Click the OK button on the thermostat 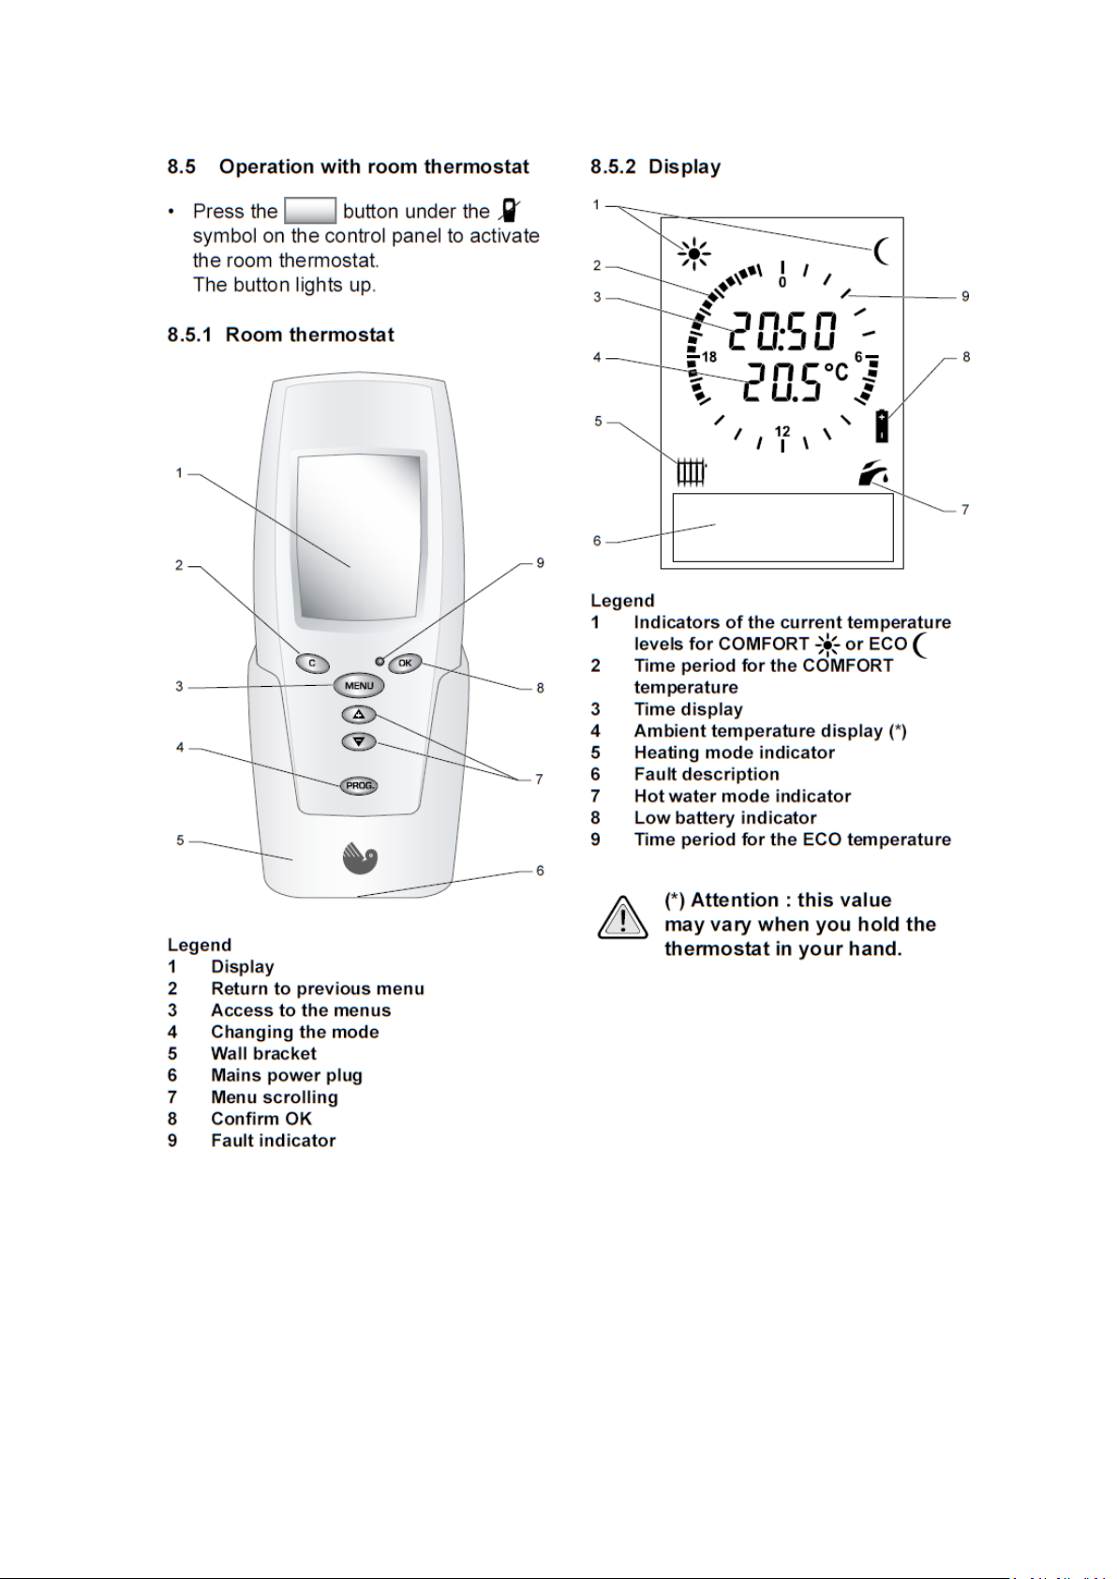point(405,663)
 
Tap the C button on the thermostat point(312,663)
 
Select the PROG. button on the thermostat point(359,785)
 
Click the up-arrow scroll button point(358,715)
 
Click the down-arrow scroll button point(358,741)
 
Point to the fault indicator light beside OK point(380,662)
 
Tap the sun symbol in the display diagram point(694,253)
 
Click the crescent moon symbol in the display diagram point(880,251)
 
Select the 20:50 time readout point(782,333)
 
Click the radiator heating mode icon point(691,471)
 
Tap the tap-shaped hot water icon point(873,474)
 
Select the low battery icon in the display point(882,425)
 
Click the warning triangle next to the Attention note point(622,919)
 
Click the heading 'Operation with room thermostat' point(374,167)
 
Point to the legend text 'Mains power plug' point(286,1076)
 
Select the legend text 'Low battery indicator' point(724,818)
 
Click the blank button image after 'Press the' point(310,211)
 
